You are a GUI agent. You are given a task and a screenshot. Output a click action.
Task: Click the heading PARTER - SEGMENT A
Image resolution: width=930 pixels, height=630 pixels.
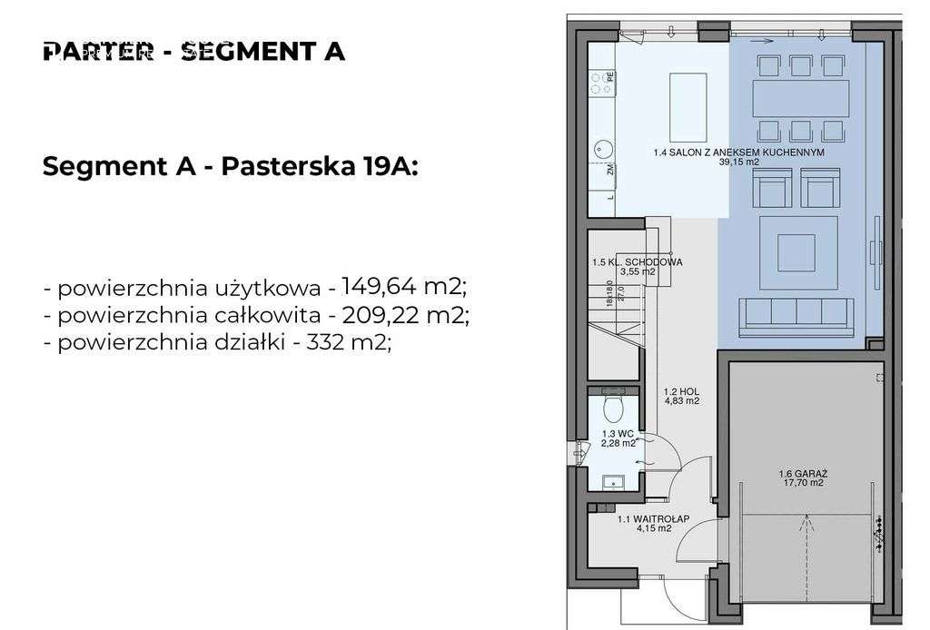[x=193, y=51]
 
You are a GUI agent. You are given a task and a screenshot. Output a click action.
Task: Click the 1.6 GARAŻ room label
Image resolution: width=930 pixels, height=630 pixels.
[x=800, y=478]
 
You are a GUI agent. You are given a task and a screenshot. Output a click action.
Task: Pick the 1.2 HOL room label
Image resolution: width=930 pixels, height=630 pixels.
[x=679, y=396]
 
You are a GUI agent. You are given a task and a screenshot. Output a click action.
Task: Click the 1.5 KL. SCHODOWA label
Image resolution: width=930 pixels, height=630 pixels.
[x=636, y=266]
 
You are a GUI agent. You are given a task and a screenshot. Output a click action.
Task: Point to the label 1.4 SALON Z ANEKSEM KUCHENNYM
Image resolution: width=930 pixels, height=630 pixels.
[x=737, y=158]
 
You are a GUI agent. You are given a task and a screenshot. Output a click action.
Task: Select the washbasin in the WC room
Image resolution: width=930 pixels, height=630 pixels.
[x=612, y=481]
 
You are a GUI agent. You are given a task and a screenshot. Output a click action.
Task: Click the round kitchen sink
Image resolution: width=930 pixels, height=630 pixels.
[x=602, y=147]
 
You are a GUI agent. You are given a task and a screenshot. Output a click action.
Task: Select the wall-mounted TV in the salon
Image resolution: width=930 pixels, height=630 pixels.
[x=876, y=241]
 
